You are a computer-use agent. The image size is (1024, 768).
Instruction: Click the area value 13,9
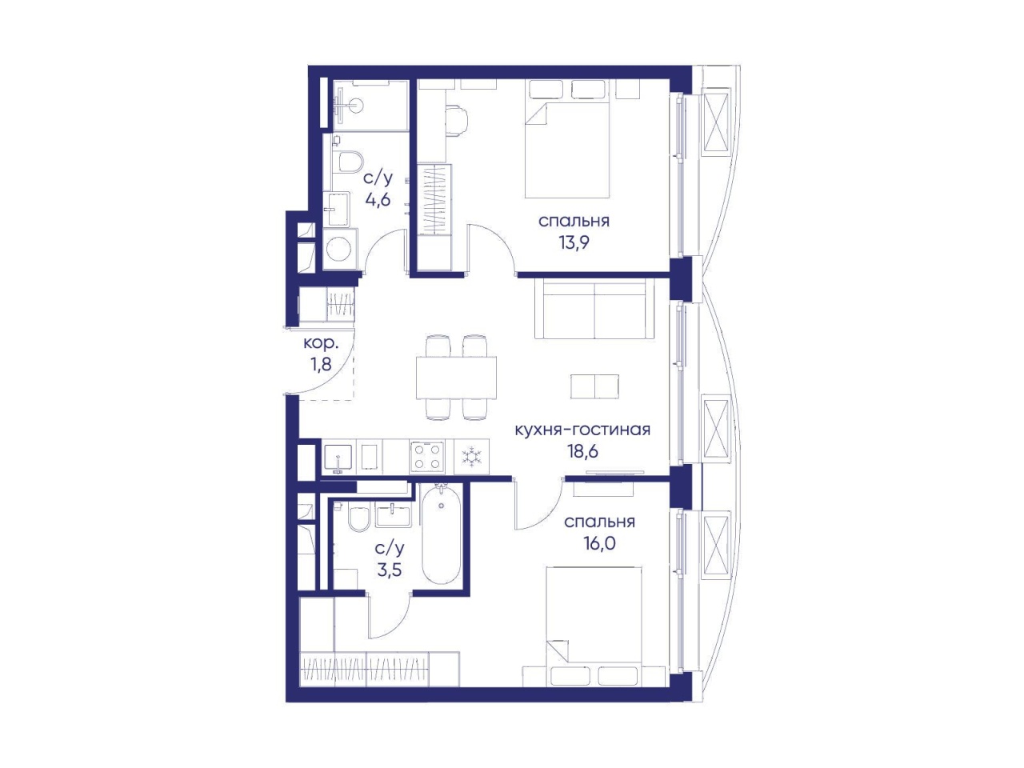pos(574,243)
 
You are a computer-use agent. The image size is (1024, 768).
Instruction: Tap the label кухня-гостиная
pos(582,430)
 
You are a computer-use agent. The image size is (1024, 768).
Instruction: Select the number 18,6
pos(582,451)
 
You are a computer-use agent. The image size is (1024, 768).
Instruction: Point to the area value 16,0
pos(599,543)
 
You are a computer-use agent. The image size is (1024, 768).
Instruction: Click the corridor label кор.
pos(321,344)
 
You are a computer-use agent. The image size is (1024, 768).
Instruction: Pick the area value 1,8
pos(321,364)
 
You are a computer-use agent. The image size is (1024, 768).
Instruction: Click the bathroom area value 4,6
pos(378,200)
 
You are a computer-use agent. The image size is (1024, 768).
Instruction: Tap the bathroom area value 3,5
pos(389,570)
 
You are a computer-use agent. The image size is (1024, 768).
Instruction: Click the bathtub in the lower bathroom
pos(441,534)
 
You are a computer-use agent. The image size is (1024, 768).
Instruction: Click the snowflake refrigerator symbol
pos(470,457)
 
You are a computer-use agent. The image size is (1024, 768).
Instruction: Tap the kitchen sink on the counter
pos(338,458)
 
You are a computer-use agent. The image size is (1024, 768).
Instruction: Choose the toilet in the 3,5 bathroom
pos(358,518)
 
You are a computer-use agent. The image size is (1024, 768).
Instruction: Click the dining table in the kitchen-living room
pos(456,378)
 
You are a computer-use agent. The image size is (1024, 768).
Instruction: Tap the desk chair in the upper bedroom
pos(455,121)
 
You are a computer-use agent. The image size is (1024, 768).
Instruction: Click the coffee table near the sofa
pos(595,386)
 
